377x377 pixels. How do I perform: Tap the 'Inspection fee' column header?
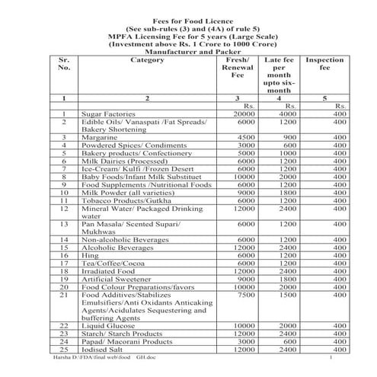click(324, 65)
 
